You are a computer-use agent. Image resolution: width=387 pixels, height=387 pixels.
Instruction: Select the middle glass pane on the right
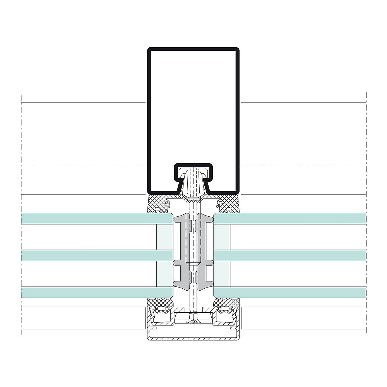[290, 255]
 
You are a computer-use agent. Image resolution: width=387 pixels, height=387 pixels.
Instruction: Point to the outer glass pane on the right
[290, 292]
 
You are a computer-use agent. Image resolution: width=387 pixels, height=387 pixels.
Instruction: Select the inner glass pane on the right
[290, 219]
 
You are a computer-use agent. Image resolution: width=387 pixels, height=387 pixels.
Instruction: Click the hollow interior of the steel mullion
[193, 108]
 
